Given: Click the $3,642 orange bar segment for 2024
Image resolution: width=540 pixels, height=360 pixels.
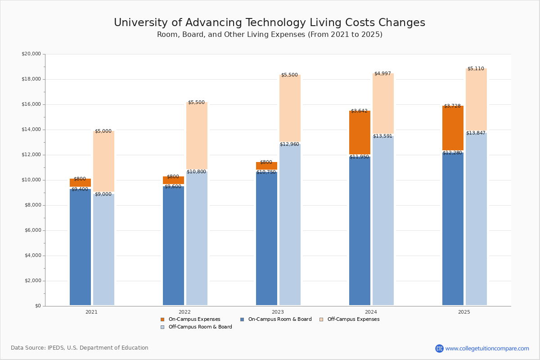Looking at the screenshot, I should (x=360, y=133).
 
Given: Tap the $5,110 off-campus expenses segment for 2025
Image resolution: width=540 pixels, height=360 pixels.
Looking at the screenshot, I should (x=476, y=99).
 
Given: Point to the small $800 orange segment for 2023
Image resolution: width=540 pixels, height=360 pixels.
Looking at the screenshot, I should (x=266, y=166).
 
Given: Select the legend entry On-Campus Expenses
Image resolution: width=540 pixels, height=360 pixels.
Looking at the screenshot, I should (x=191, y=319).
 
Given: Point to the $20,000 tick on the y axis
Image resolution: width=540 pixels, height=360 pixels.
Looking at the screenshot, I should (x=31, y=54).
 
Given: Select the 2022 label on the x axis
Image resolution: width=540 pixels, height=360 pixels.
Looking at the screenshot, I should (x=184, y=312).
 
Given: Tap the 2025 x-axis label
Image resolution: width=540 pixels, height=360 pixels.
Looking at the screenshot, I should (x=464, y=312).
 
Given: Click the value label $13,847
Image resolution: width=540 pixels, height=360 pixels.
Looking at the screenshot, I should (x=476, y=133).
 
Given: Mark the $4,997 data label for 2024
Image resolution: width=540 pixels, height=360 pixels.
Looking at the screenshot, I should (x=382, y=74).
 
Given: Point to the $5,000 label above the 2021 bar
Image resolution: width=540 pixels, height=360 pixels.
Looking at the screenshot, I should (x=103, y=131).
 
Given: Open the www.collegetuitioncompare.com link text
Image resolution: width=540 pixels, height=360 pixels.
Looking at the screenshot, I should (x=487, y=348).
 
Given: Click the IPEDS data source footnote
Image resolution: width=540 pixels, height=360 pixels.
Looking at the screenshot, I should (x=80, y=348).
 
